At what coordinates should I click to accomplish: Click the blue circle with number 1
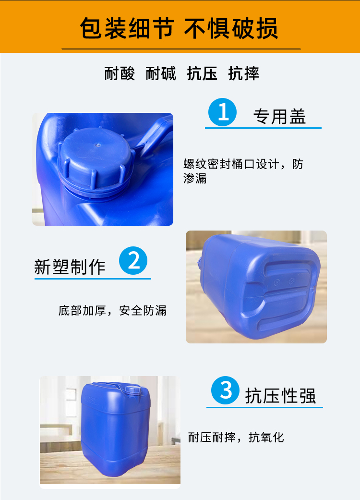(222, 112)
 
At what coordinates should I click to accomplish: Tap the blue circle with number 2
(133, 260)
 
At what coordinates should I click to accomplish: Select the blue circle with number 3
(225, 390)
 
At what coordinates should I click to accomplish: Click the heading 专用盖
(280, 116)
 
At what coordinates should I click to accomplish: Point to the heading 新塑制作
(70, 267)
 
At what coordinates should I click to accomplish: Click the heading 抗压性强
(280, 396)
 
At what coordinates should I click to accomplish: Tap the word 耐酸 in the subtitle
(120, 73)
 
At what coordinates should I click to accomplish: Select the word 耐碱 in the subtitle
(161, 73)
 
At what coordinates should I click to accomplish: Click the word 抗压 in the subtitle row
(202, 73)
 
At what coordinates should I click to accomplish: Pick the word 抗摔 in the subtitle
(244, 73)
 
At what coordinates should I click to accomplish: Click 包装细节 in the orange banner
(127, 28)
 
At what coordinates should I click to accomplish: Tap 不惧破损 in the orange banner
(231, 28)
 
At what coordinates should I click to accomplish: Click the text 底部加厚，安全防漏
(112, 310)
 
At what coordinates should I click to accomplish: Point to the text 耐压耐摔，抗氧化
(236, 437)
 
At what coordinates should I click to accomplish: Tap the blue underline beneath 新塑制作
(93, 279)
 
